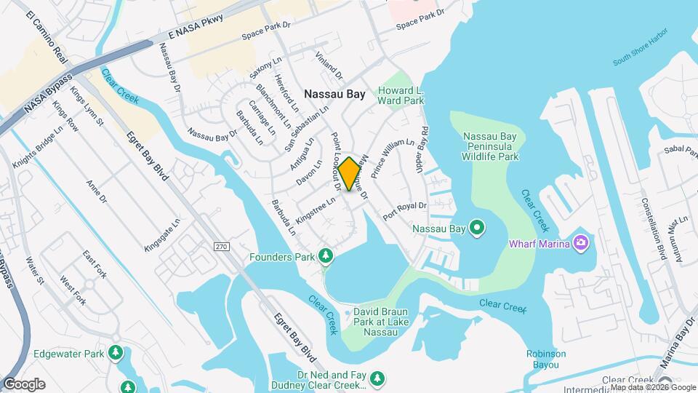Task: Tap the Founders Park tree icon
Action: click(326, 256)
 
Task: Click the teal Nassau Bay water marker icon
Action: click(477, 229)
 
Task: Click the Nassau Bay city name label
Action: click(334, 94)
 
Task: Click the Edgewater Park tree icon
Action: click(115, 353)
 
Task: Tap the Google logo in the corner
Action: click(24, 384)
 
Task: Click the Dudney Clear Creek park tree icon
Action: click(377, 378)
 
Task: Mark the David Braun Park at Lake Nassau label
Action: click(380, 322)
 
